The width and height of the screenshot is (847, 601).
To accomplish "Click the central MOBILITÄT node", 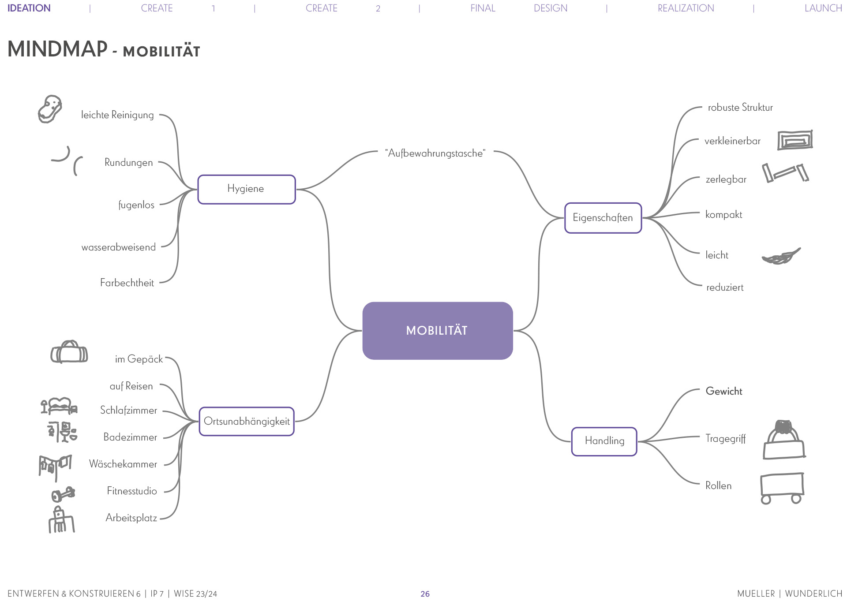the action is (437, 331).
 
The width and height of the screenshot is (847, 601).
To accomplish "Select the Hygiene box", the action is (247, 189).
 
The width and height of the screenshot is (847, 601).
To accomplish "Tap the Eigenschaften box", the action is (603, 218).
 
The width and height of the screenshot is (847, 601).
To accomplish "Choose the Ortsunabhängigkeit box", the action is (247, 422).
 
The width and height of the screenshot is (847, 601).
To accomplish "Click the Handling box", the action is (604, 441).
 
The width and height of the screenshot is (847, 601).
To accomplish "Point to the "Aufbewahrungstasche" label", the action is (435, 153).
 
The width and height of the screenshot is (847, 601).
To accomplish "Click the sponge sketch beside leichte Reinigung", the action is (49, 109).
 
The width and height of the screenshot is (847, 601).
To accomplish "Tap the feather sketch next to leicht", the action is (781, 256).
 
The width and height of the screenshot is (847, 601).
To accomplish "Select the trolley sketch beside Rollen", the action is (782, 488).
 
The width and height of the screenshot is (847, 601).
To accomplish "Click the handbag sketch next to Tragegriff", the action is (784, 440).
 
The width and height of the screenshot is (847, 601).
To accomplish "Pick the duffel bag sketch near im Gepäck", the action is (69, 352).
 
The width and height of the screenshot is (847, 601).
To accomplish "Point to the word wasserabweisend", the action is (119, 247).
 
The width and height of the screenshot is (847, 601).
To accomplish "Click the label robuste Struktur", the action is (740, 108).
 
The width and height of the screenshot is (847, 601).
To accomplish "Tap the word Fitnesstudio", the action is (132, 491).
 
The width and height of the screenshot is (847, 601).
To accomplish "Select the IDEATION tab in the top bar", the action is (29, 8).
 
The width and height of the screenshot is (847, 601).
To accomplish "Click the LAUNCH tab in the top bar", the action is (823, 8).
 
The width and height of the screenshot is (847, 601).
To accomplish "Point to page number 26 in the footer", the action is (425, 594).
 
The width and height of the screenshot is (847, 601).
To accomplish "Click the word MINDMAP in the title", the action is (57, 49).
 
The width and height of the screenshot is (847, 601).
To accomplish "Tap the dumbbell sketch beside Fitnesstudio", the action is (64, 494).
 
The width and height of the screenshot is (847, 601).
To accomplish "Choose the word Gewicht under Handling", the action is (724, 391).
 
